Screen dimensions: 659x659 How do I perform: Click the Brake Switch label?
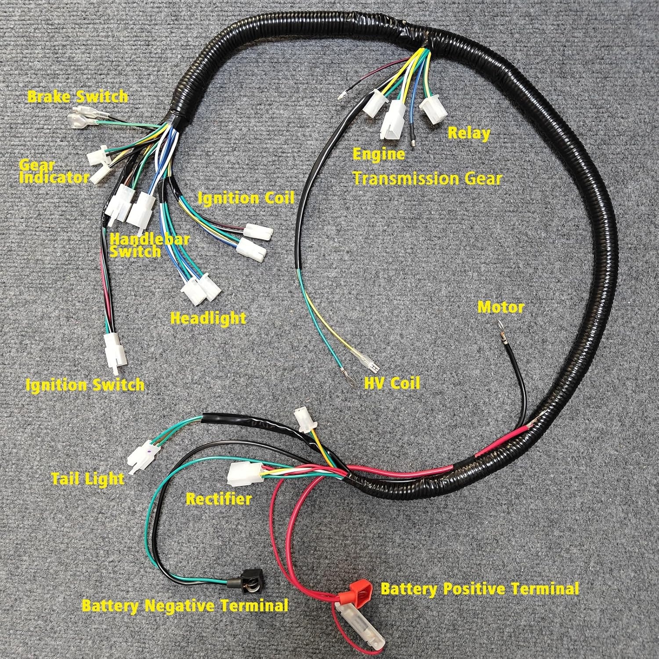tap(78, 96)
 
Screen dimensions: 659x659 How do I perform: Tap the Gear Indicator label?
tap(54, 172)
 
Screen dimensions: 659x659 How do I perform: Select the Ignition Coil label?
tap(246, 198)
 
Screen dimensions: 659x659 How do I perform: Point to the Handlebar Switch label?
tap(149, 245)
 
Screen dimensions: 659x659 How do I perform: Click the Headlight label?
tap(208, 318)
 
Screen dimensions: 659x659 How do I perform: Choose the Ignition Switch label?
tap(85, 385)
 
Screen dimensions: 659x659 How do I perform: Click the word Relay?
tap(469, 133)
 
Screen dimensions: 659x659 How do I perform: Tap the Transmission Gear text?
tap(427, 178)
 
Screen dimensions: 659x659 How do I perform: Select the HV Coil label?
tap(392, 383)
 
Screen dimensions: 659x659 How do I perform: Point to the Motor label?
tap(501, 307)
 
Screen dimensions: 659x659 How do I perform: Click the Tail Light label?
tap(88, 478)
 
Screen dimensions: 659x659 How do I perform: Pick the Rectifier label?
tap(218, 499)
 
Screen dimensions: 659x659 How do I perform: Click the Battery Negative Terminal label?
tap(185, 606)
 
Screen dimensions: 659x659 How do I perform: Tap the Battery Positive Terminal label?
tap(479, 588)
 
